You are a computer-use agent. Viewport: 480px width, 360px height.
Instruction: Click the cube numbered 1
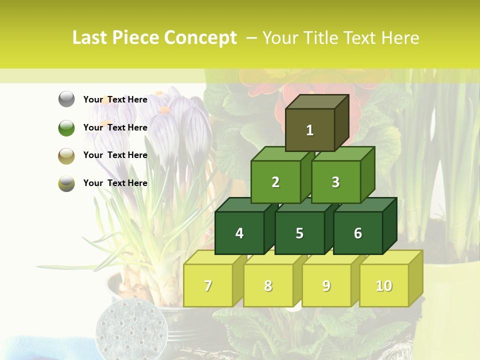click(310, 130)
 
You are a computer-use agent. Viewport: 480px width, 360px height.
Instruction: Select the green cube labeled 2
click(275, 182)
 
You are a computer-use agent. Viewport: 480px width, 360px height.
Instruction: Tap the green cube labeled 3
click(335, 182)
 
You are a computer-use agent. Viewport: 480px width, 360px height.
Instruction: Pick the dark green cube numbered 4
click(239, 233)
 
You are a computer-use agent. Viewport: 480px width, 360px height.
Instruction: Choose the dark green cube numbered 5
click(299, 233)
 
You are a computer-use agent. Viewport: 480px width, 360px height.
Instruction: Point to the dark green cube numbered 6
click(357, 233)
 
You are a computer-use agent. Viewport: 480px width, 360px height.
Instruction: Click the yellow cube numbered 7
click(208, 285)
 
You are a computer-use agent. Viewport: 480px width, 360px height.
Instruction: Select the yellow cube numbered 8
click(268, 285)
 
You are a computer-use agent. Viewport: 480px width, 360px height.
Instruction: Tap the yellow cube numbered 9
click(326, 285)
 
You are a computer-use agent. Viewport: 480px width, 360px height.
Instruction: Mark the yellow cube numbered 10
click(383, 285)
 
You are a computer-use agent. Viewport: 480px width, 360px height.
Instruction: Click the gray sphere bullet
click(66, 99)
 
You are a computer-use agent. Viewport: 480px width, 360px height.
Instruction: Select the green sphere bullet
click(66, 127)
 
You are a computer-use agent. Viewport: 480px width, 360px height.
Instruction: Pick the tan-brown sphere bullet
click(66, 155)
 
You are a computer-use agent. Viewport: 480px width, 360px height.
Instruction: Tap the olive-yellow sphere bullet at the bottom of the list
click(66, 183)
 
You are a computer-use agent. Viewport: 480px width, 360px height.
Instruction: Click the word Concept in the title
click(200, 38)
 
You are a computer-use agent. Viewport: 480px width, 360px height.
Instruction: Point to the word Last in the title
click(90, 38)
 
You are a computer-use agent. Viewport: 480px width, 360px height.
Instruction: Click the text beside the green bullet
click(115, 127)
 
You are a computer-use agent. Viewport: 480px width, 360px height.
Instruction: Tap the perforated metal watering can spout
click(131, 329)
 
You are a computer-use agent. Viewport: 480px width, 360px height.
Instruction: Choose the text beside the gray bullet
click(115, 99)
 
